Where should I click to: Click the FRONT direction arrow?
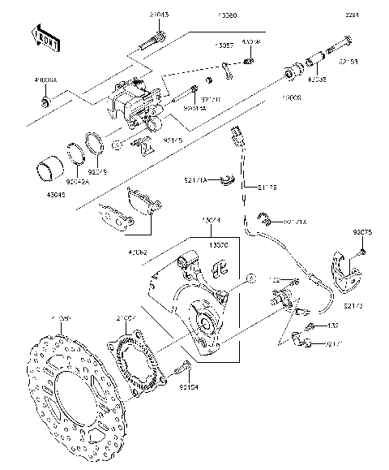tap(45, 37)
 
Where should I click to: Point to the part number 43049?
tap(42, 195)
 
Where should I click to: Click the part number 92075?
tap(362, 232)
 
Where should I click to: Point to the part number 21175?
tap(267, 188)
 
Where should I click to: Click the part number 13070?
tap(220, 243)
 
